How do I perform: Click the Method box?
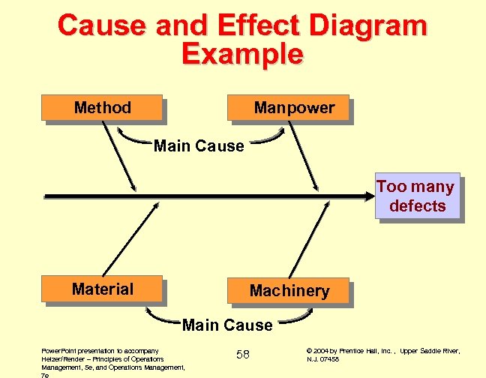coord(103,108)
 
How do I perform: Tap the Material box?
coord(103,289)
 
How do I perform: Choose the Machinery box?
coord(289,291)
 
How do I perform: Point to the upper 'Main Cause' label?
coord(199,146)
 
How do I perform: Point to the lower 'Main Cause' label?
coord(227,325)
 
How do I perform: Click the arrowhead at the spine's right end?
coord(369,196)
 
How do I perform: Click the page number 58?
coord(243,354)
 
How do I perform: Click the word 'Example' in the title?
coord(242,54)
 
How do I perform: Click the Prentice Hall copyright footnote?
coord(383,355)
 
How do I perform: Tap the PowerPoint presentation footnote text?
coord(113,359)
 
